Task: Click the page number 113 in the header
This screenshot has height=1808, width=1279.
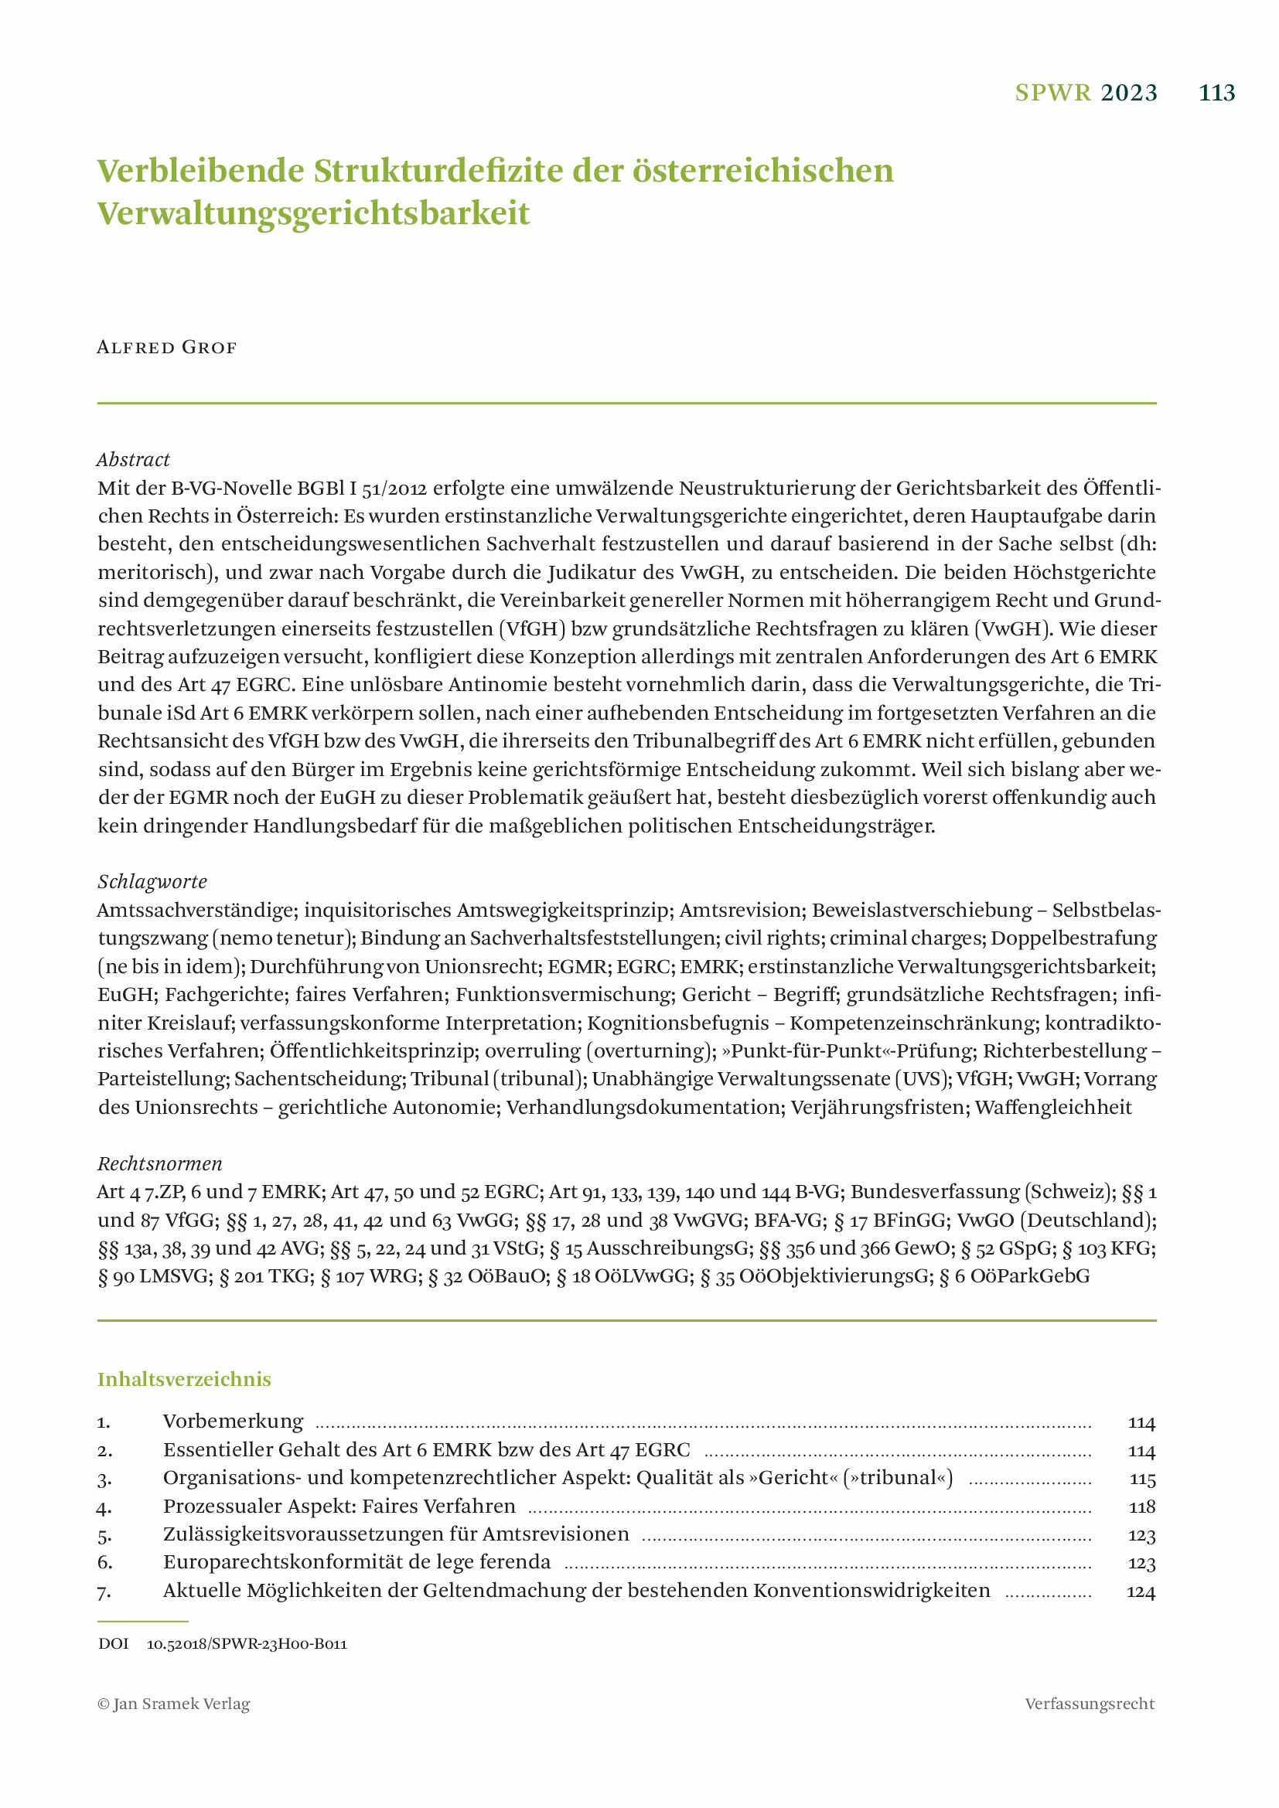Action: point(1216,93)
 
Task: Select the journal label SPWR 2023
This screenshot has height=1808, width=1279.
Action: point(1085,93)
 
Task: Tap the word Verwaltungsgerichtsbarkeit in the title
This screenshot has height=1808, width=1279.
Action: point(313,213)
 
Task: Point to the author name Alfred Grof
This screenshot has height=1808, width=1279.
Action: point(166,347)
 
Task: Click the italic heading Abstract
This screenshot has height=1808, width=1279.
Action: point(133,459)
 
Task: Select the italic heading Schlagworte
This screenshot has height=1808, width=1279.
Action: point(152,881)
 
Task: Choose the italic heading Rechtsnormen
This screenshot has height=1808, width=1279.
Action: point(160,1163)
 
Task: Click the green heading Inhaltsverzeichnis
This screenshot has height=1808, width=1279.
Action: point(184,1379)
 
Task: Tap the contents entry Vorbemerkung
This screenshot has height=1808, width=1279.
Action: point(233,1422)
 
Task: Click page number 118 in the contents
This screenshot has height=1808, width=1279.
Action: point(1141,1507)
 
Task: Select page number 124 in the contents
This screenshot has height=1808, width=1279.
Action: point(1141,1592)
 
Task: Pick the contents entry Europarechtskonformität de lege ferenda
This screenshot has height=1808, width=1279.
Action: point(356,1562)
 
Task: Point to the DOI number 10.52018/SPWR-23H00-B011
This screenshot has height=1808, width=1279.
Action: point(247,1644)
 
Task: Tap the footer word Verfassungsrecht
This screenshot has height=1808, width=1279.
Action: point(1090,1704)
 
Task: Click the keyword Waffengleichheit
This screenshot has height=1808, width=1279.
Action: point(1053,1107)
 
